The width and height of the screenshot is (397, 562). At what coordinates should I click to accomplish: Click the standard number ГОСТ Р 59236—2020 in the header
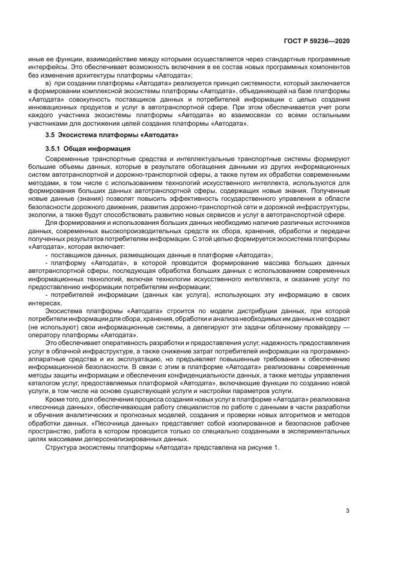pos(319,40)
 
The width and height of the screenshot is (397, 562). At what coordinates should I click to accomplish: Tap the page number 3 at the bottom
pos(347,512)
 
